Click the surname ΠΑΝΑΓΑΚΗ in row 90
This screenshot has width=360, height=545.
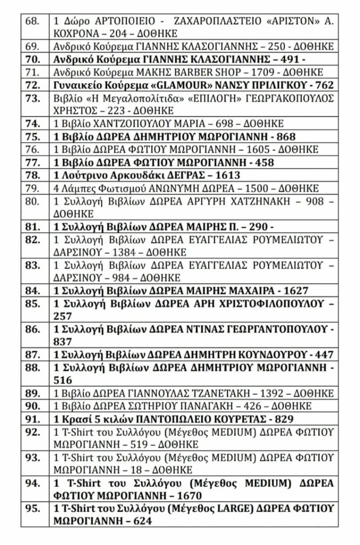[x=204, y=406]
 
